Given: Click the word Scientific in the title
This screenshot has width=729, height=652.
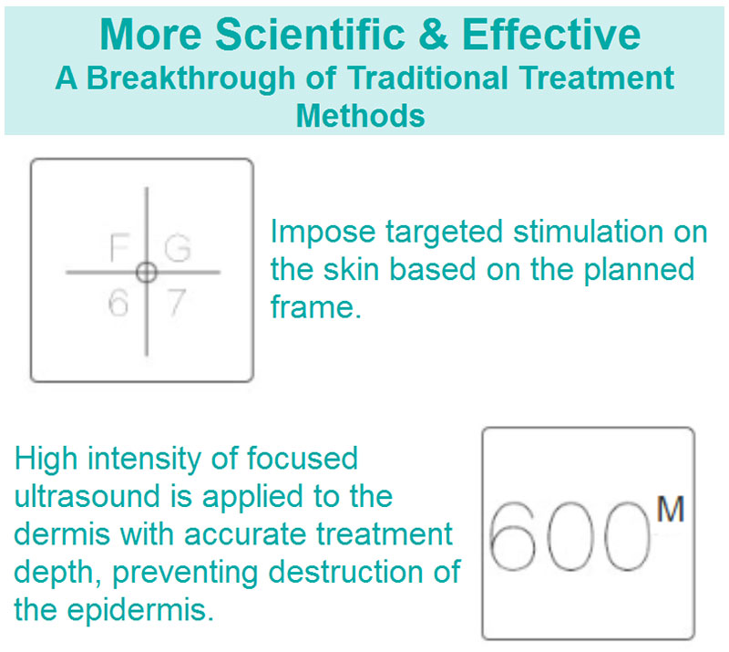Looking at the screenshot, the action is (x=310, y=34).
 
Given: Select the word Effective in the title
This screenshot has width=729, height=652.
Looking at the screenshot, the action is (x=551, y=34).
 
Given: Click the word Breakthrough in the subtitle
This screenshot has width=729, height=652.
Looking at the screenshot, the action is (x=190, y=78).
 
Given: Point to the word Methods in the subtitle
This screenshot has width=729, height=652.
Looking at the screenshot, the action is (x=361, y=116).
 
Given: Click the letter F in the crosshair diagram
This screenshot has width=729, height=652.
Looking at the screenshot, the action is (x=119, y=247).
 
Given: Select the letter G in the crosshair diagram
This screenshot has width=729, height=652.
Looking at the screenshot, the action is (x=178, y=248).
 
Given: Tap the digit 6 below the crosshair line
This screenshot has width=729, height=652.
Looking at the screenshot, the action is (x=118, y=302).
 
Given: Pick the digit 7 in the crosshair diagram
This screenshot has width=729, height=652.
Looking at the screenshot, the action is (x=177, y=302).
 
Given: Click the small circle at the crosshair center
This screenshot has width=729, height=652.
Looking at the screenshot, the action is (x=147, y=273).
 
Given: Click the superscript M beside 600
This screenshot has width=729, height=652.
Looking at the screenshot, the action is (x=670, y=509).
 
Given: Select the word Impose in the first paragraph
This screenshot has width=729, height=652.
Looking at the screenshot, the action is (x=323, y=233).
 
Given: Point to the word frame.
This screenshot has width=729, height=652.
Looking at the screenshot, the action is (x=316, y=307).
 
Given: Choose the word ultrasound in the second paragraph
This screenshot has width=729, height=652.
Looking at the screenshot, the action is (x=87, y=496).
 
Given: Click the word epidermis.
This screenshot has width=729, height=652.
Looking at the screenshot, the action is (x=140, y=610).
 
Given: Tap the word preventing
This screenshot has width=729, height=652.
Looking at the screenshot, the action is (x=185, y=572).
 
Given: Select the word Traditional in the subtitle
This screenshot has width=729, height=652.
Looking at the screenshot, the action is (x=427, y=78).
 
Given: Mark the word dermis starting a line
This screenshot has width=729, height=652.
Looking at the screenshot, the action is (x=62, y=533).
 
